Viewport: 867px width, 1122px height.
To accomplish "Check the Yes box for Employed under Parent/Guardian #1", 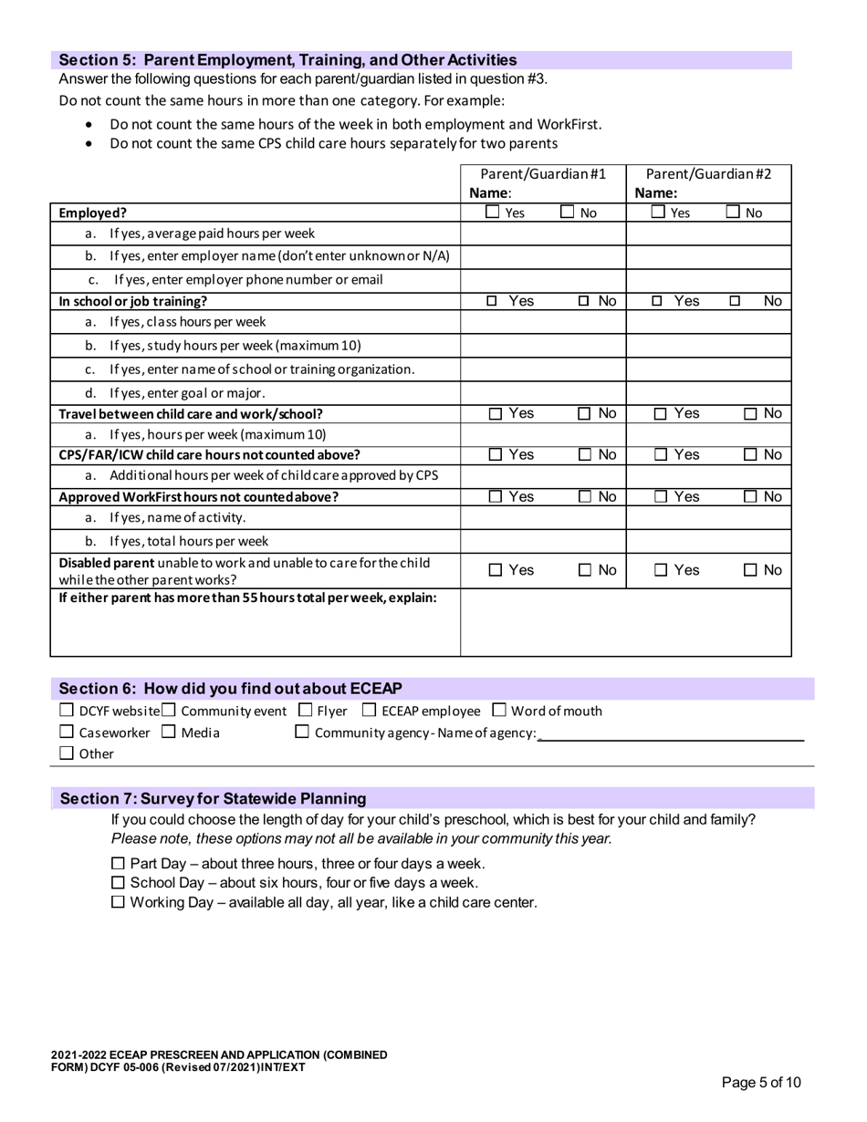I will (492, 213).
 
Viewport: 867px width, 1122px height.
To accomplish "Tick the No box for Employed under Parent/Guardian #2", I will (734, 213).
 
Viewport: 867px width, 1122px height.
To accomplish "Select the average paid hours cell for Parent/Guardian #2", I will (708, 234).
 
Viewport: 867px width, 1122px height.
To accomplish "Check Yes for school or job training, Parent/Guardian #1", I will (492, 301).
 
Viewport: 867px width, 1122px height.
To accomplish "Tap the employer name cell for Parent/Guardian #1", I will (543, 255).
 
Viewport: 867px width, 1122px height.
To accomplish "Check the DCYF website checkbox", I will (66, 711).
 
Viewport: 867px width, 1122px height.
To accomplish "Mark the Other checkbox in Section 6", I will (66, 753).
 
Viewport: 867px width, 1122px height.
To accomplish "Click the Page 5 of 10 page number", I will (761, 1083).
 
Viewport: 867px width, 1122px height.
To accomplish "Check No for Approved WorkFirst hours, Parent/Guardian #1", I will (584, 497).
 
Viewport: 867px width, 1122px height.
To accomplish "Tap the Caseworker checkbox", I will (66, 732).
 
